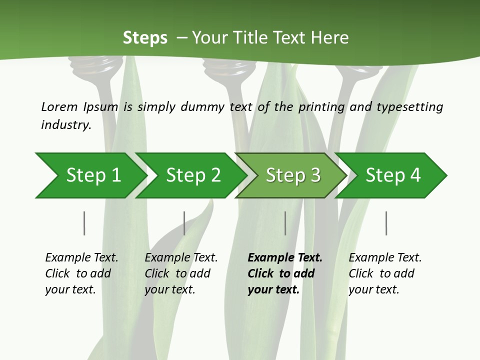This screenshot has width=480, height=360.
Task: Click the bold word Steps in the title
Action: tap(145, 37)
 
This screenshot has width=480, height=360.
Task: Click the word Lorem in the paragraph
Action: tap(59, 107)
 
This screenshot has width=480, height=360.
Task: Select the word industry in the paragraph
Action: tap(66, 125)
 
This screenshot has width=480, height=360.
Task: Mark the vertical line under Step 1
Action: tap(84, 223)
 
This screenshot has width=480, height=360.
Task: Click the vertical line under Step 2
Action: tap(184, 223)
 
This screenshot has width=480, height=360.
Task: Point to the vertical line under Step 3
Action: tap(285, 223)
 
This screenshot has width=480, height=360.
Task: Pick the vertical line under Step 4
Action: tap(386, 223)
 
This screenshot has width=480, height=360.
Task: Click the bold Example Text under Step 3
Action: tap(285, 258)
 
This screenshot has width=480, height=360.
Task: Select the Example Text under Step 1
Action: tap(81, 258)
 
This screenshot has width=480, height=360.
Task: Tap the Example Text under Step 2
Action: tap(181, 258)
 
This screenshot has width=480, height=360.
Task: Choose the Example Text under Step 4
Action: tap(385, 258)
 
